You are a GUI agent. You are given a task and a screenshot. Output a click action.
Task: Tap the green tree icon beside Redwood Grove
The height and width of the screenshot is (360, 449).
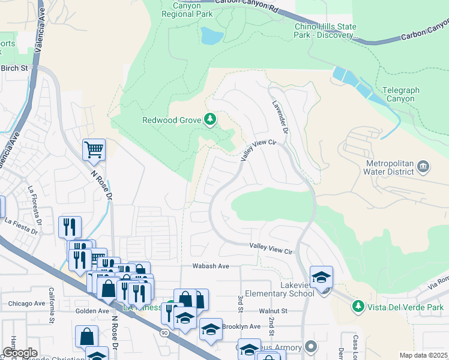pyautogui.click(x=210, y=119)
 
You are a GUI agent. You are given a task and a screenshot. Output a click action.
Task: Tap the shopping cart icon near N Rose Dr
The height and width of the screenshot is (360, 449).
pyautogui.click(x=94, y=149)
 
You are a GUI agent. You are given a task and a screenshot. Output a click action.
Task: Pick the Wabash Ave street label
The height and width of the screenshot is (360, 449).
pyautogui.click(x=211, y=266)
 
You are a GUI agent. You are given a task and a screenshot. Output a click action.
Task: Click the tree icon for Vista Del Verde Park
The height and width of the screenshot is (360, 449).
pyautogui.click(x=358, y=307)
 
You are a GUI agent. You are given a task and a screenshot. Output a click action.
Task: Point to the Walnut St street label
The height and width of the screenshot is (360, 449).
pyautogui.click(x=274, y=311)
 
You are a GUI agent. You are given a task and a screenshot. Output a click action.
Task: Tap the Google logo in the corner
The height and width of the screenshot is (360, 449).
pyautogui.click(x=20, y=353)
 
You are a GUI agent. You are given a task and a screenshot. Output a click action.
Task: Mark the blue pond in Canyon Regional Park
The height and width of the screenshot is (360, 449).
pyautogui.click(x=211, y=37)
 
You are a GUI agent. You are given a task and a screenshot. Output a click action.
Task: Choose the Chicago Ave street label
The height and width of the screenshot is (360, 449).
pyautogui.click(x=27, y=304)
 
